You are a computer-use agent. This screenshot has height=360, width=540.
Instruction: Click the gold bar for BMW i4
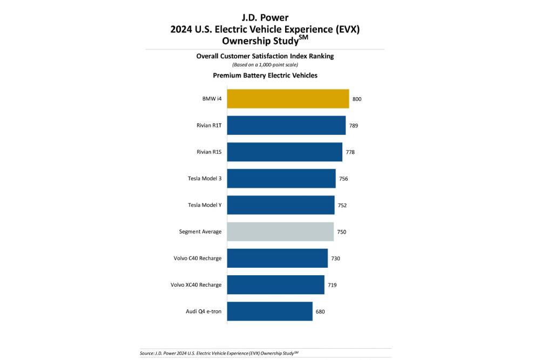[288, 99]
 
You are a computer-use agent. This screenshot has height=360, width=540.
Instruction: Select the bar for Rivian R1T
[286, 125]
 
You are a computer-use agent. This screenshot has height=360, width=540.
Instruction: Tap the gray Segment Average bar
[280, 232]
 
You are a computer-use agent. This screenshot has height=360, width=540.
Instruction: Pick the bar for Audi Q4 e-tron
[269, 311]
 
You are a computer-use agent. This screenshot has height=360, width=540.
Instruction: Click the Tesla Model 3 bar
[281, 179]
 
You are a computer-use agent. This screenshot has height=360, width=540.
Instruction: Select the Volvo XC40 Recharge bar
[275, 284]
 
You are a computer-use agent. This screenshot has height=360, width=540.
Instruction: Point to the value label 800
[357, 99]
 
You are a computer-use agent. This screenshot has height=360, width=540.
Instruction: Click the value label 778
[350, 152]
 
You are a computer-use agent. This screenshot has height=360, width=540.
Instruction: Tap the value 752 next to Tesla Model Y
[342, 205]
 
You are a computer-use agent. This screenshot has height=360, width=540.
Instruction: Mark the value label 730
[335, 259]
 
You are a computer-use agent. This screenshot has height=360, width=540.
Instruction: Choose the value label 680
[320, 311]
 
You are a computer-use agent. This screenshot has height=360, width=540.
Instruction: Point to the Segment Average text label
[200, 232]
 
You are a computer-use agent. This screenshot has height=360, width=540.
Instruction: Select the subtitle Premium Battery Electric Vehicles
[265, 76]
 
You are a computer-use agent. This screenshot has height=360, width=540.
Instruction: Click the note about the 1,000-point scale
[265, 65]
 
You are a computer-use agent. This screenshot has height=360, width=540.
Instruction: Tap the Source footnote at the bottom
[219, 352]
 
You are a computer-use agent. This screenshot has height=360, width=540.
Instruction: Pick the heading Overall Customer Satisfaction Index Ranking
[265, 56]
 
